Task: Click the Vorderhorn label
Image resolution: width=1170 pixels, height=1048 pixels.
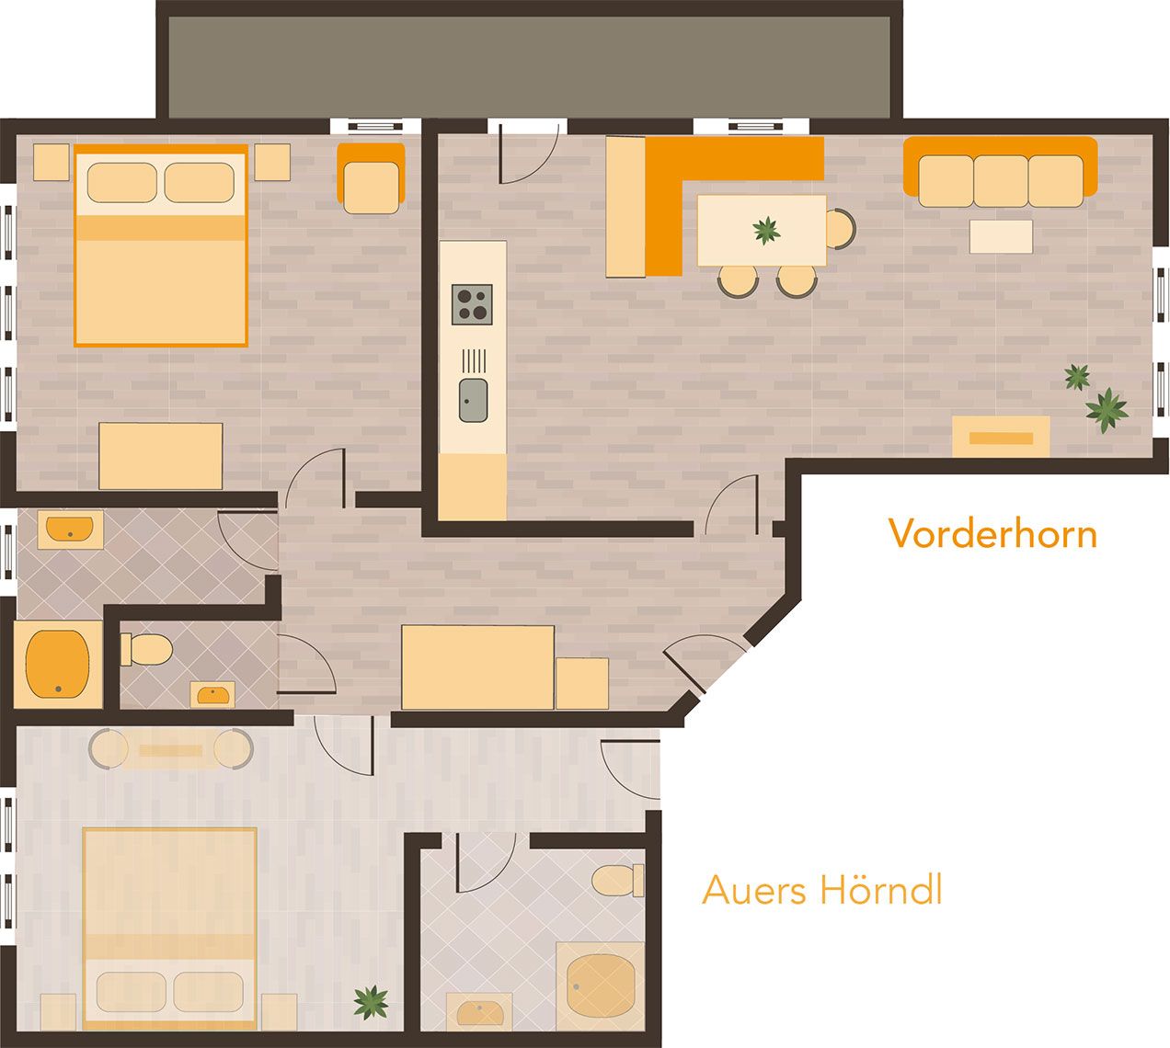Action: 992,533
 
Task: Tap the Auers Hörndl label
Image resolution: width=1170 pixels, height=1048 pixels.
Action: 821,889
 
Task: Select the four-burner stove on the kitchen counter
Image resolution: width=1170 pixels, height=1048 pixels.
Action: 472,304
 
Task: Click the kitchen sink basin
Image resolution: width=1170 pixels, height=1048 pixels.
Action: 473,401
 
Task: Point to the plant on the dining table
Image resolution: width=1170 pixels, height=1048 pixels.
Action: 766,230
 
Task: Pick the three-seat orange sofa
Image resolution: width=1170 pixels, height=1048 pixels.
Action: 1000,172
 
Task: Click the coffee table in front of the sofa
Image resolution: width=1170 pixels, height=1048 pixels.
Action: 1001,236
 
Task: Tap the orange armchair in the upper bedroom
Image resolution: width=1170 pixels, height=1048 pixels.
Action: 371,178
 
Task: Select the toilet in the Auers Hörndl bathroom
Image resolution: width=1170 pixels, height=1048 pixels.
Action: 617,880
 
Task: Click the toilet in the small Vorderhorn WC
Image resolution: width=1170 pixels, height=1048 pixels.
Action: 146,649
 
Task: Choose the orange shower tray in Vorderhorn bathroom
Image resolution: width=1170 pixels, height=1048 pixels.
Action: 58,664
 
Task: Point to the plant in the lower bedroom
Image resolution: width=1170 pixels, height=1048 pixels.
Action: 371,1002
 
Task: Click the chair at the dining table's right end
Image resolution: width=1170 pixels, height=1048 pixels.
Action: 841,229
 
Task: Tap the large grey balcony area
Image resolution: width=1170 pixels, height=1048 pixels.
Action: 529,66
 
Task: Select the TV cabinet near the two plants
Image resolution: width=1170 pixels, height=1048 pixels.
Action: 1001,437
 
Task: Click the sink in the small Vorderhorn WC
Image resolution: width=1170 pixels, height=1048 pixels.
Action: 212,694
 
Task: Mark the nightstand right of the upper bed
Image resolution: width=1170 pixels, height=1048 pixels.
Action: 272,162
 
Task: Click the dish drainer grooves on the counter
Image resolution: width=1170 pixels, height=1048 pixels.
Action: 474,360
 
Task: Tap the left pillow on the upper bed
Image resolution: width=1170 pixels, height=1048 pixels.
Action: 121,182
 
